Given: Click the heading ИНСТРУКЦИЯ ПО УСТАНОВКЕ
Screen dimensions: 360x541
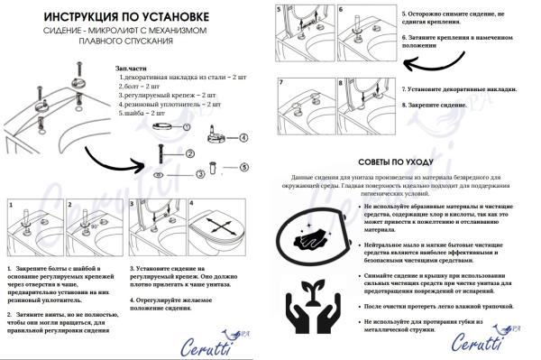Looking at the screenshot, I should (135, 17).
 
